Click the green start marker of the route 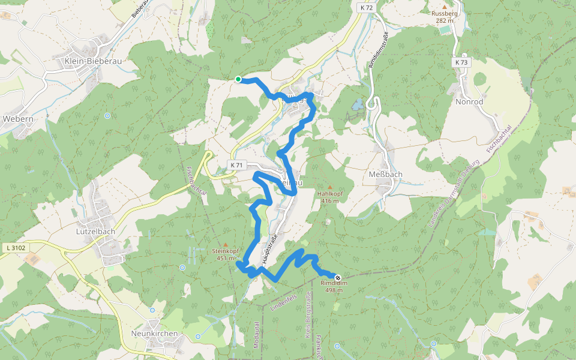[x=238, y=79]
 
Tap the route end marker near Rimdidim [x=338, y=278]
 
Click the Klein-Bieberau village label [x=90, y=61]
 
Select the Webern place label [x=18, y=119]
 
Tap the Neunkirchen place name [x=154, y=333]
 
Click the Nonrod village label [x=469, y=101]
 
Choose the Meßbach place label [x=385, y=174]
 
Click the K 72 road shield [x=367, y=8]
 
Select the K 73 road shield [x=461, y=62]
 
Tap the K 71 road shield [x=236, y=165]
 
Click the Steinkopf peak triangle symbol [x=226, y=244]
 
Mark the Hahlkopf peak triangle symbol [x=329, y=187]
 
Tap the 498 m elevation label [x=334, y=290]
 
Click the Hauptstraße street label [x=271, y=248]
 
